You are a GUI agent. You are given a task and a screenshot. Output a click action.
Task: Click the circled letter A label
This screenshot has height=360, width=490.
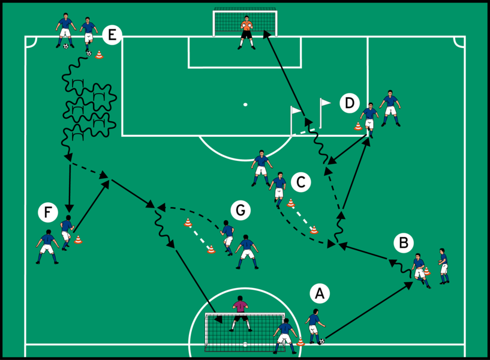click(x=320, y=293)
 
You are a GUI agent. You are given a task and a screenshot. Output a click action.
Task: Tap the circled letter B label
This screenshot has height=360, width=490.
click(x=404, y=243)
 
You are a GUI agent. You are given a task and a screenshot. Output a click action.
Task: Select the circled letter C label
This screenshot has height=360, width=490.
click(x=301, y=182)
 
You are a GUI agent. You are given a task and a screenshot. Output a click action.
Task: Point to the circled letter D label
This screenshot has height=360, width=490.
click(x=350, y=103)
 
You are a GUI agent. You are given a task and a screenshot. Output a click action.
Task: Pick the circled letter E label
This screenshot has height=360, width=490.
click(x=112, y=35)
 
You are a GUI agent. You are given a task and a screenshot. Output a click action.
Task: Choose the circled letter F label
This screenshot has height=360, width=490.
click(x=48, y=212)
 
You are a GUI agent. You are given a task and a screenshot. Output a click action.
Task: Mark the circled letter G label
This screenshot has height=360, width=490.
click(x=241, y=211)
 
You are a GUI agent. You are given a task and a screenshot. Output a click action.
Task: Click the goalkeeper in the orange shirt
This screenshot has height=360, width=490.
click(x=246, y=31)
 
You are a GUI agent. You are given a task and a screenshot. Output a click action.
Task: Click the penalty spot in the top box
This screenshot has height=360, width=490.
click(x=245, y=104)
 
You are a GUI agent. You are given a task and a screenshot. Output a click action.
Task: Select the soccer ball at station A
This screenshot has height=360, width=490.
click(x=321, y=341)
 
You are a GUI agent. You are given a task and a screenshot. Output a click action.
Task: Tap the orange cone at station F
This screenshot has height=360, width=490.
click(x=78, y=240)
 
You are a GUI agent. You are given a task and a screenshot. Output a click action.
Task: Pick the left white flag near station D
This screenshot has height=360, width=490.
click(x=295, y=112)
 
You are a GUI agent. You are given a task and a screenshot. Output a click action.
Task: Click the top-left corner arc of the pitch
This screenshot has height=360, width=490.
click(x=31, y=41)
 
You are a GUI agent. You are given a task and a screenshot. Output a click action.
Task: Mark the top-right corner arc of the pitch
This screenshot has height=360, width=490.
click(x=459, y=41)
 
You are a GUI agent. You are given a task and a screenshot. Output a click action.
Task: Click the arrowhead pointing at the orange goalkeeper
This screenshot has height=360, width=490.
click(x=266, y=36)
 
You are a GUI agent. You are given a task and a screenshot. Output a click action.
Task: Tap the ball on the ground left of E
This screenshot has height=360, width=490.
click(x=65, y=46)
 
